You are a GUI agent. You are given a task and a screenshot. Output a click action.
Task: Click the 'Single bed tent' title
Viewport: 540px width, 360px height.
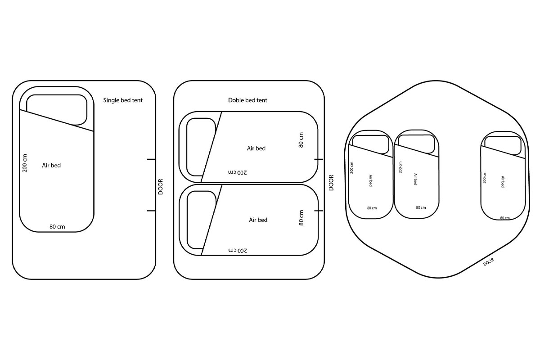(x=123, y=100)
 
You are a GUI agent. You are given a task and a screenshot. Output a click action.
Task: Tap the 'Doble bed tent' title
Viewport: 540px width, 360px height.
(x=247, y=100)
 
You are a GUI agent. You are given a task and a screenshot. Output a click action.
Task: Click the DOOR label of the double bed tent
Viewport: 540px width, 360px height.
(x=331, y=183)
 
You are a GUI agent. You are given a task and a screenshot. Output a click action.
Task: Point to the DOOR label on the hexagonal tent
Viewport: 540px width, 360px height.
(x=489, y=261)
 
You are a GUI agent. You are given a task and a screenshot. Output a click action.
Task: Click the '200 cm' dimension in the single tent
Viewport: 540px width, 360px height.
(x=25, y=163)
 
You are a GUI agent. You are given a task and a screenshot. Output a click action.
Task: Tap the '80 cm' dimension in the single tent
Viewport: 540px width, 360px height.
(x=57, y=227)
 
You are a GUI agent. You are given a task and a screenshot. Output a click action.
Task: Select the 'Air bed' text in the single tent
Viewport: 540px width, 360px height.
(x=51, y=166)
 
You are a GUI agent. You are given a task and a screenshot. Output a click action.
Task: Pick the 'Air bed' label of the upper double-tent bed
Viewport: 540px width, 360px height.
(x=256, y=148)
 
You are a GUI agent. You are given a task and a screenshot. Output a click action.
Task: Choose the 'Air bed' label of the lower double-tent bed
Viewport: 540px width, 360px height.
(x=258, y=220)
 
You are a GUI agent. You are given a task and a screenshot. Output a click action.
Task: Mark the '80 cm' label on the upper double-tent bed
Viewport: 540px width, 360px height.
(x=301, y=139)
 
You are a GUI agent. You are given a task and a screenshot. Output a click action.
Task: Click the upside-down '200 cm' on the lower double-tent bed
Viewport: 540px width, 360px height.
(x=238, y=250)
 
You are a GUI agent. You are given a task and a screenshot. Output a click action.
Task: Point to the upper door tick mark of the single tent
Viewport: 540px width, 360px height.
(x=151, y=159)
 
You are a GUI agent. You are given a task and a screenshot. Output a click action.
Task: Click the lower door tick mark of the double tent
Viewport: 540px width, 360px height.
(x=319, y=210)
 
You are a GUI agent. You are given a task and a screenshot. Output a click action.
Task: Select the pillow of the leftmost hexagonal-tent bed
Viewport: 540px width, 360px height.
(x=370, y=144)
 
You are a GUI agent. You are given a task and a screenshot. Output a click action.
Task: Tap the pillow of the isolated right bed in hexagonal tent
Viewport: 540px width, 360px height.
(x=503, y=144)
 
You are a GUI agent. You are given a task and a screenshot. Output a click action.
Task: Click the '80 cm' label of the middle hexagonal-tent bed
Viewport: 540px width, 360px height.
(x=421, y=207)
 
